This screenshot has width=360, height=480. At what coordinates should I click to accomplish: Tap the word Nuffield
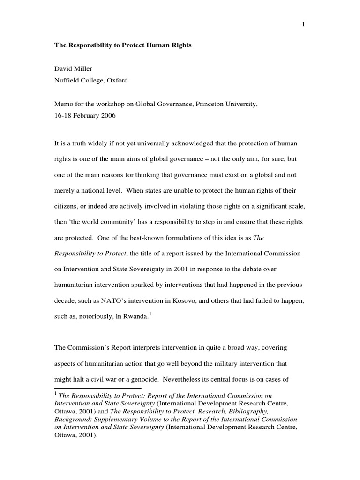click(x=68, y=80)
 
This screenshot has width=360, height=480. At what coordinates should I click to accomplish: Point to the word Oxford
click(x=116, y=80)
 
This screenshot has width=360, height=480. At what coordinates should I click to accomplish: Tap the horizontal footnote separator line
click(x=98, y=389)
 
